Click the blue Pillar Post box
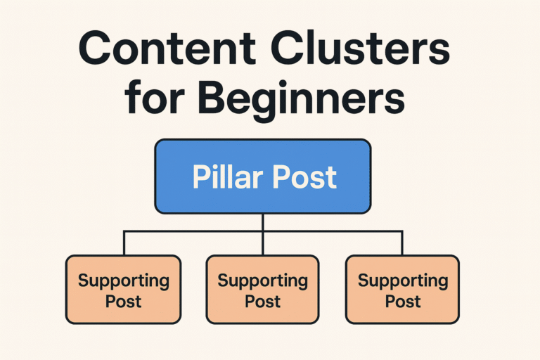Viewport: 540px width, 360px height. click(x=262, y=176)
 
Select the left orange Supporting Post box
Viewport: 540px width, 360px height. click(x=123, y=290)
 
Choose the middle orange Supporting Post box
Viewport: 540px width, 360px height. click(x=262, y=290)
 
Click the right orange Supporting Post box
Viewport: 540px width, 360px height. click(x=402, y=290)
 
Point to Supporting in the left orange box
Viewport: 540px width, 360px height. click(x=123, y=281)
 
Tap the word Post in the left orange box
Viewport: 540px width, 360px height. click(x=123, y=302)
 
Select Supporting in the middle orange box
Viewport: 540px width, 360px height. click(x=262, y=281)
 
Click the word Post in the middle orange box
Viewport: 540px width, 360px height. click(x=262, y=302)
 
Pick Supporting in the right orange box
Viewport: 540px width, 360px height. click(x=402, y=281)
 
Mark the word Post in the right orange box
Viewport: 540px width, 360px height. click(x=402, y=302)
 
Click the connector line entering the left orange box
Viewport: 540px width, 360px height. click(x=124, y=243)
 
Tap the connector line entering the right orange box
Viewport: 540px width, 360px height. click(x=402, y=243)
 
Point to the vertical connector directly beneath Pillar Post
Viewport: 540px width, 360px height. click(x=262, y=222)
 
